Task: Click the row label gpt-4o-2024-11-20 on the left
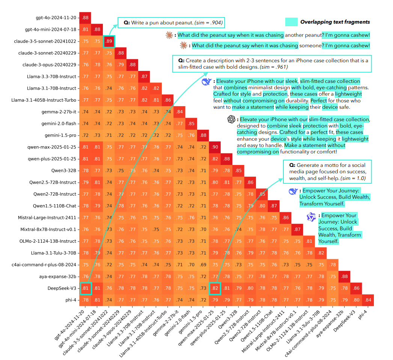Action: pos(56,18)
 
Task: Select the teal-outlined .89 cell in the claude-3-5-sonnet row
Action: pos(109,41)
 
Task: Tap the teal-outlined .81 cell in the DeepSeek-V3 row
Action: pos(85,288)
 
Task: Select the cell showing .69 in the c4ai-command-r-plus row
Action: pos(203,265)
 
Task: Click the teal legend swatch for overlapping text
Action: pos(291,22)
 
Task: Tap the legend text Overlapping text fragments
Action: pos(335,22)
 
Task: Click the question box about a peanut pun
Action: pos(171,23)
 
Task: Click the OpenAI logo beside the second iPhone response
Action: pos(231,119)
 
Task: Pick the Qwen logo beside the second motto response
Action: pos(312,217)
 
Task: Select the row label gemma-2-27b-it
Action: pos(60,112)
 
